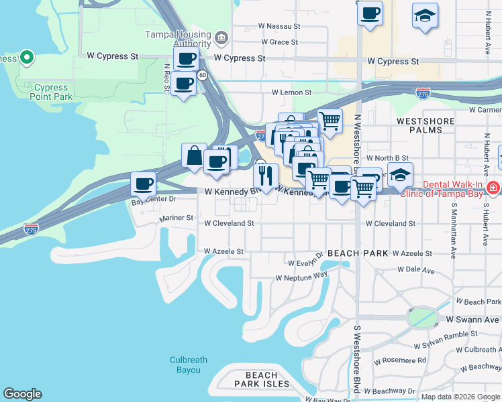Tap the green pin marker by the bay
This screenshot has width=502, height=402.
tap(27, 58)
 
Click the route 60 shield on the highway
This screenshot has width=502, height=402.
tap(202, 75)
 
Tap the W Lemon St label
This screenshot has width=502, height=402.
tap(291, 92)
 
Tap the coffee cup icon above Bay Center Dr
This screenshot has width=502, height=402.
tap(143, 183)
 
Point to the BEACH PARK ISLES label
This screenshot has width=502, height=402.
tap(258, 379)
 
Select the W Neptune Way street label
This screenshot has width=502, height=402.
tap(301, 276)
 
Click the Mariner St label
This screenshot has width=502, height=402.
tap(176, 218)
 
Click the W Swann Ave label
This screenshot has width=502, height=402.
tap(473, 320)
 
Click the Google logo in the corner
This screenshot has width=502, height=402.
tap(22, 394)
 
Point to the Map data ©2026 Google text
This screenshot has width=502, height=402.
tap(460, 397)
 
